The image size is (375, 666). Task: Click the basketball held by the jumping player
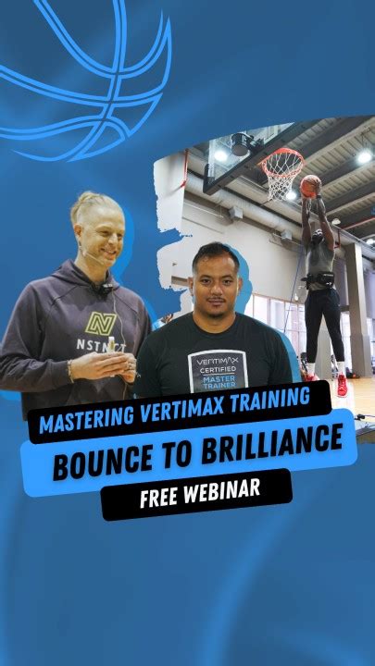coord(310,185)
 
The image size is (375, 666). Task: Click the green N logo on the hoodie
coord(99,324)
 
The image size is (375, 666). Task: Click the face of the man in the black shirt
coord(216,277)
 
